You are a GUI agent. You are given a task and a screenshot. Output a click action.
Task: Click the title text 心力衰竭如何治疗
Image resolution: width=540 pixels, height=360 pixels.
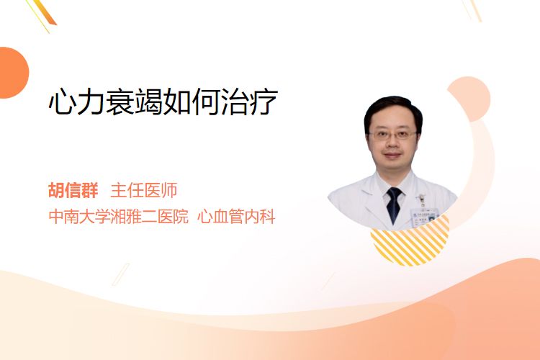tap(163, 102)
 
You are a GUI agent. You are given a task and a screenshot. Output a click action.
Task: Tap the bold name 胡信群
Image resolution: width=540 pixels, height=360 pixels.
tap(73, 190)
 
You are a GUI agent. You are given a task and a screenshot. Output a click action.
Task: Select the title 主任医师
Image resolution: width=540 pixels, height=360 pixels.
tap(144, 190)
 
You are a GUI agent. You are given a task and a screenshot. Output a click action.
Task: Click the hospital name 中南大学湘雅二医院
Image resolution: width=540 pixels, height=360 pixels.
tap(119, 217)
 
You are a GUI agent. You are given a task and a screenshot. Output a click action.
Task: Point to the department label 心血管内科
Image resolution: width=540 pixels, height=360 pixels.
tap(236, 217)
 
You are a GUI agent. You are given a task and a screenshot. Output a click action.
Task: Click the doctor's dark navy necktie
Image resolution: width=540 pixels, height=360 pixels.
tap(394, 205)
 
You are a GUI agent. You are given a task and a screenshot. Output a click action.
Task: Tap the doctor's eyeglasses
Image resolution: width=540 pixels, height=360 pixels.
tap(392, 135)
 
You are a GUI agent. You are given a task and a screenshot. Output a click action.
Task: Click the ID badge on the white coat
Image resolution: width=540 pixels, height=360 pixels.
tap(423, 215)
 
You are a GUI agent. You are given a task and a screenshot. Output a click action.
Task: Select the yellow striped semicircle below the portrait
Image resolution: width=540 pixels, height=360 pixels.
tap(410, 241)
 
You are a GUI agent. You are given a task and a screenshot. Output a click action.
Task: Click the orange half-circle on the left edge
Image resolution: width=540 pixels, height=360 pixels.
tap(13, 73)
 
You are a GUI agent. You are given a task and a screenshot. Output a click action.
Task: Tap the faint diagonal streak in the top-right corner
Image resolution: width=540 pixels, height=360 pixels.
tap(472, 10)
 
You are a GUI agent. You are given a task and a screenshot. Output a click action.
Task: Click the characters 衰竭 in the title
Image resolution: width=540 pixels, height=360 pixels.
tap(135, 102)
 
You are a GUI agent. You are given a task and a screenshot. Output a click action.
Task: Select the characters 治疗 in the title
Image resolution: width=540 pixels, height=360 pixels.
tap(249, 102)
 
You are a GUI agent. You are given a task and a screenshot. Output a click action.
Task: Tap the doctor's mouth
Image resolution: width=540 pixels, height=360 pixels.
tap(392, 155)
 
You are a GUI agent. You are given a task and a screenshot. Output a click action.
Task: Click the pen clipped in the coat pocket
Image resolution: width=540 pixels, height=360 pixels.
tap(421, 200)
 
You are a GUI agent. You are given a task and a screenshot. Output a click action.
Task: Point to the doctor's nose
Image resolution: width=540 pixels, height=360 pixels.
tap(392, 144)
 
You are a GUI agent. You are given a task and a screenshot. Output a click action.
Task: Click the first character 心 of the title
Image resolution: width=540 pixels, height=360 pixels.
tap(63, 102)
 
